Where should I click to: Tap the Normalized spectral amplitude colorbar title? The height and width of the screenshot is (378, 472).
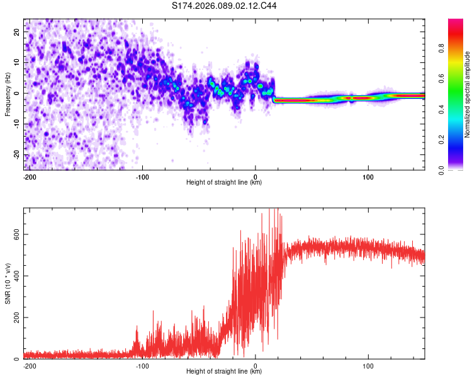click(467, 94)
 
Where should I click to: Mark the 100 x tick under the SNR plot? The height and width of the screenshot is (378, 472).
click(368, 365)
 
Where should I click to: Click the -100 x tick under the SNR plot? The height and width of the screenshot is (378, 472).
click(142, 365)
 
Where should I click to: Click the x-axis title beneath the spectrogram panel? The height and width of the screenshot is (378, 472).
click(224, 183)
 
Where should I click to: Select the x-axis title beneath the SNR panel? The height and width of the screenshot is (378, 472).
click(224, 372)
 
